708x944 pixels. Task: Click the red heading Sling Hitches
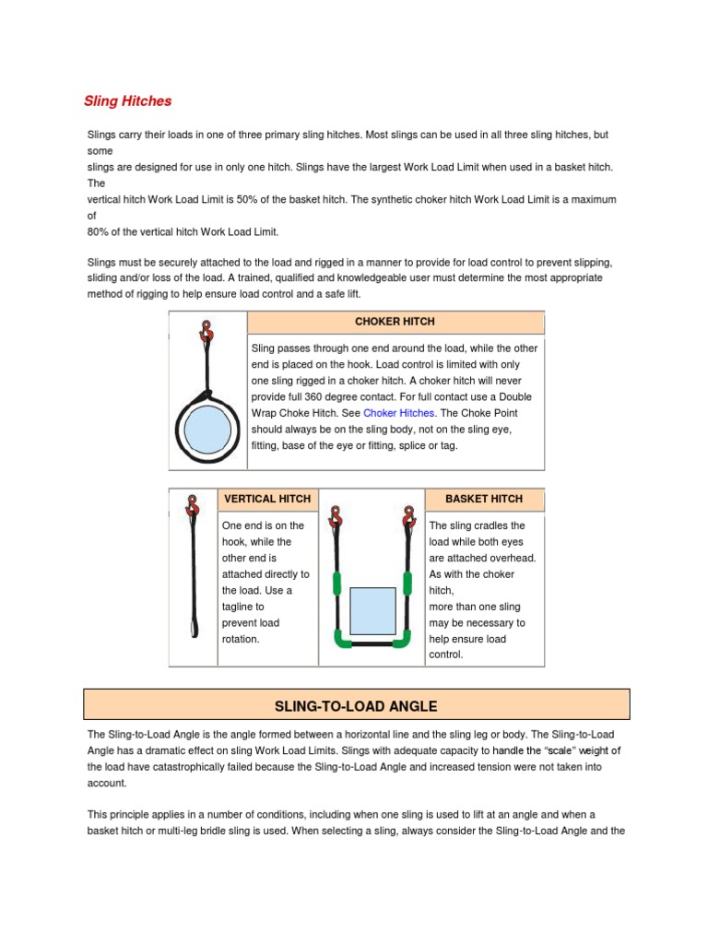[x=127, y=100]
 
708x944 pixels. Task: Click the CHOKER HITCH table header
[x=395, y=322]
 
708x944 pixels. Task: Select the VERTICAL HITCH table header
[x=268, y=499]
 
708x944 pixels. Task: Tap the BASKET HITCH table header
[x=483, y=499]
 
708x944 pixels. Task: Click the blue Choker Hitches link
[x=398, y=413]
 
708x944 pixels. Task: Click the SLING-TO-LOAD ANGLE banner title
[x=356, y=706]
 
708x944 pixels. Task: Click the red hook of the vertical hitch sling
[x=193, y=506]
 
